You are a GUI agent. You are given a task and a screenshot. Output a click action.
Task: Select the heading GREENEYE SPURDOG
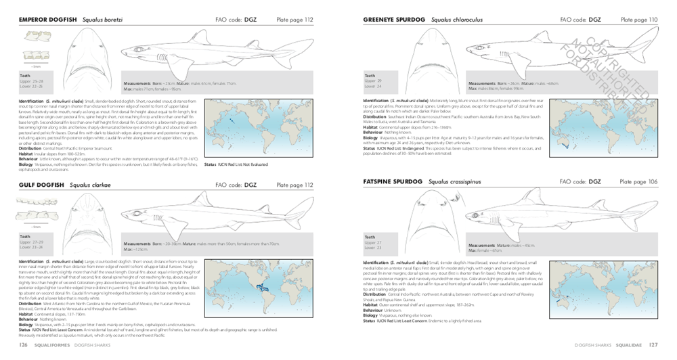(391, 20)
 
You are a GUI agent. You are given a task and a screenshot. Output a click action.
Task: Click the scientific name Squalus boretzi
(102, 20)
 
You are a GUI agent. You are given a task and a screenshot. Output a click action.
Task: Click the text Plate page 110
(640, 20)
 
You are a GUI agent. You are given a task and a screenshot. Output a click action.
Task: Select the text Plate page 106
(640, 181)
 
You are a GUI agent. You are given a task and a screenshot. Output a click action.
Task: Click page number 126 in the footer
(22, 344)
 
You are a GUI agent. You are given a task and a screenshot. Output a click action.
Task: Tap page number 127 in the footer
(653, 344)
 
